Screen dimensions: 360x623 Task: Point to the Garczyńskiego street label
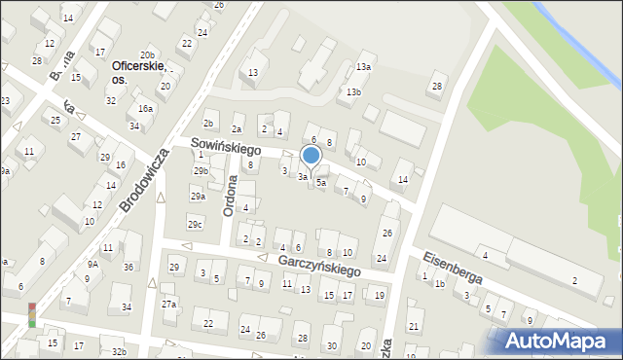tap(306, 262)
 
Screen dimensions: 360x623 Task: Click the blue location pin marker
tap(311, 156)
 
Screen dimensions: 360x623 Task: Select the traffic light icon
tap(32, 316)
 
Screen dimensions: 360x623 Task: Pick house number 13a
tap(363, 67)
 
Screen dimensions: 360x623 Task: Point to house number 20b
tap(147, 55)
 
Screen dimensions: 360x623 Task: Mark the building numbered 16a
tap(145, 109)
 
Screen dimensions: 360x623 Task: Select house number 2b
tap(208, 124)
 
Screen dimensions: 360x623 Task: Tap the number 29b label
tap(201, 171)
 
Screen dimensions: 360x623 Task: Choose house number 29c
tap(196, 225)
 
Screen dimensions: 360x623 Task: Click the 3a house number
tap(303, 177)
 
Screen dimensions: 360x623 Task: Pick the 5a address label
tap(320, 182)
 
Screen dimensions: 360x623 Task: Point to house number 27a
tap(168, 305)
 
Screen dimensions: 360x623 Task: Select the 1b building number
tap(439, 284)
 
